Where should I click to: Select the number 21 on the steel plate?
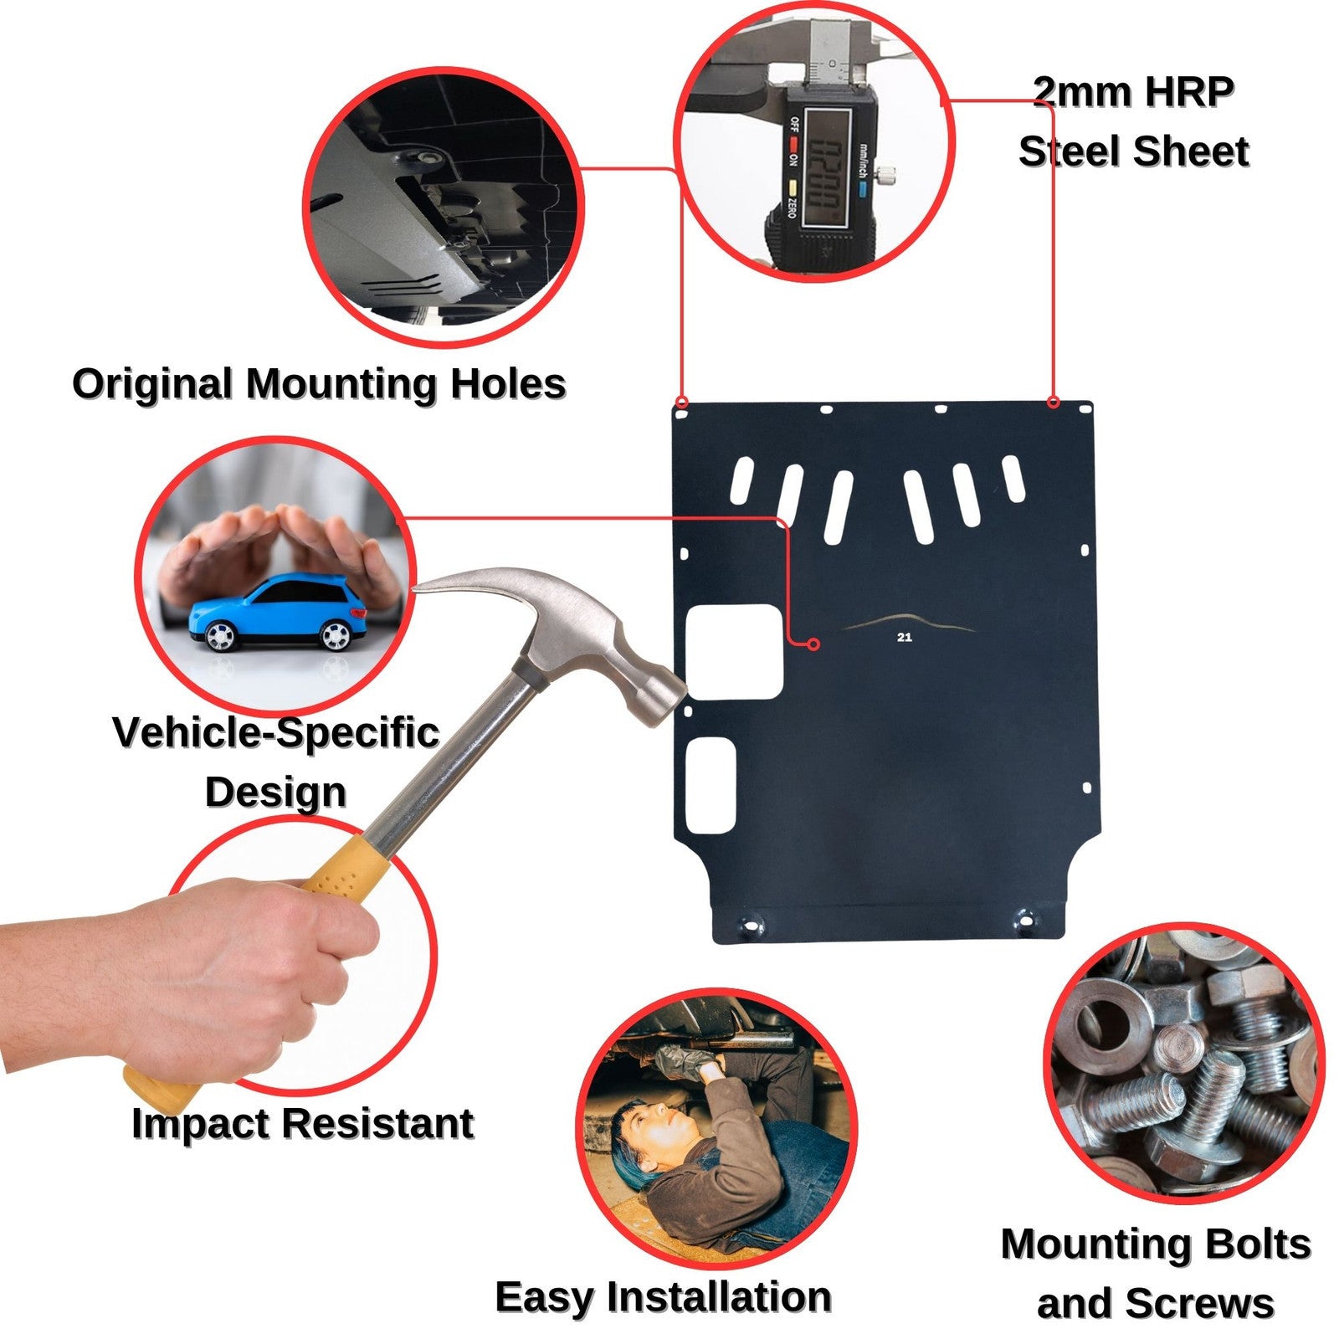[x=904, y=638]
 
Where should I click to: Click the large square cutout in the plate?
[x=735, y=652]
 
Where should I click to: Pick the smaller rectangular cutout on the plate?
[x=711, y=787]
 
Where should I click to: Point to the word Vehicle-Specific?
[x=276, y=733]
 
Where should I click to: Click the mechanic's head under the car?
[x=644, y=1126]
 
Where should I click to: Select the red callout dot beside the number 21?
[x=813, y=644]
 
